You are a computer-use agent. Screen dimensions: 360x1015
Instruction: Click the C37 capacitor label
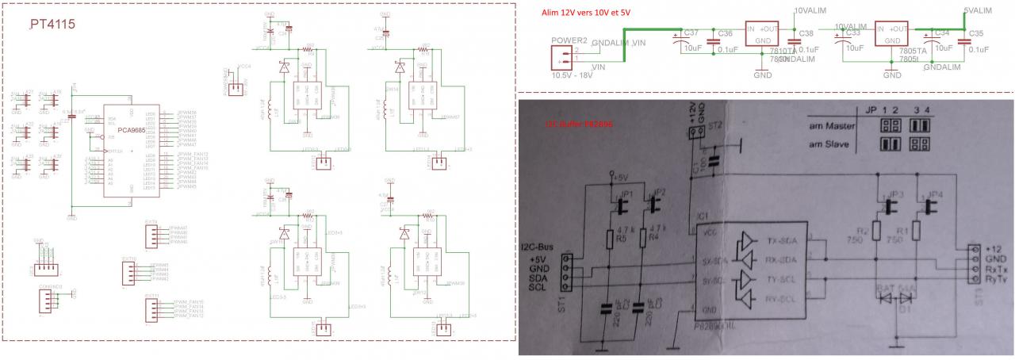click(690, 33)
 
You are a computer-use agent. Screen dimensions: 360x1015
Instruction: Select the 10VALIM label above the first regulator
click(810, 11)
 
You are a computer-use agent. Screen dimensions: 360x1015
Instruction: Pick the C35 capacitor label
click(975, 33)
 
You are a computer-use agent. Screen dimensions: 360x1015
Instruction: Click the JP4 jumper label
click(937, 195)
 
